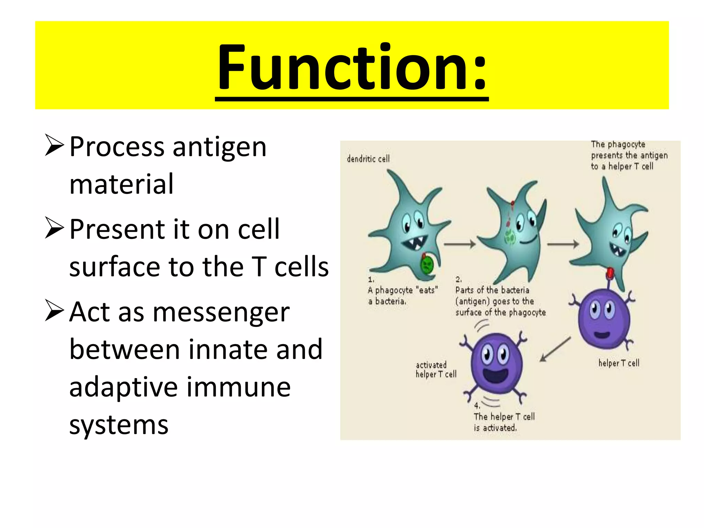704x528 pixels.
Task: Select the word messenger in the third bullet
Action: coord(221,312)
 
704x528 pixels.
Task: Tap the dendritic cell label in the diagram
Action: coord(368,159)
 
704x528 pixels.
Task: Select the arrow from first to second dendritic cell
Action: coord(460,244)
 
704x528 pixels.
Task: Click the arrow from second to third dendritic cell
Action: coord(563,244)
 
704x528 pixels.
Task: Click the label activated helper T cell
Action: coord(436,370)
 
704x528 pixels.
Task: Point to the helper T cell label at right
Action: coord(619,363)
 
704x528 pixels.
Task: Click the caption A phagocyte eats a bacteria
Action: coord(402,295)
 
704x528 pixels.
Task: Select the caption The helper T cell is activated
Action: coord(504,422)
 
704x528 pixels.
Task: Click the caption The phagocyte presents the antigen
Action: coord(629,155)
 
